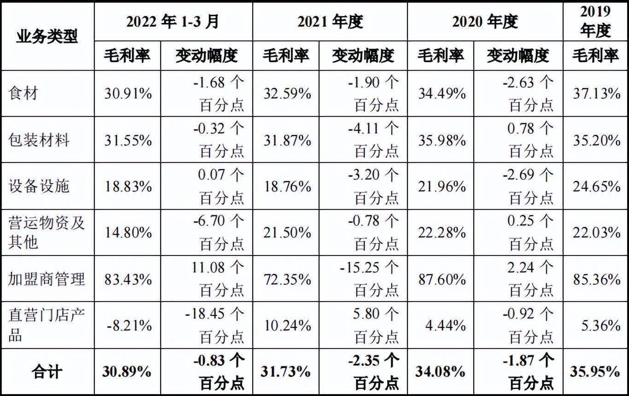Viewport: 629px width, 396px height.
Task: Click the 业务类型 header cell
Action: (47, 36)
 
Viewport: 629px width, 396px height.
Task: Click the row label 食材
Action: (23, 93)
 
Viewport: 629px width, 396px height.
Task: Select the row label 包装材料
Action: (39, 140)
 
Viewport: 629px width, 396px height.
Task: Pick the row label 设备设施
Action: (39, 186)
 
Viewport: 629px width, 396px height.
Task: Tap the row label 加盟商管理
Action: (47, 279)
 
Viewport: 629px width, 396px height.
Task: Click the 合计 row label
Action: (47, 371)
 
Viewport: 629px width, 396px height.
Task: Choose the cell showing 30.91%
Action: (128, 94)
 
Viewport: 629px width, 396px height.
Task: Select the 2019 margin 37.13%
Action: (596, 94)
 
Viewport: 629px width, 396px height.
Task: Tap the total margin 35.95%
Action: (595, 372)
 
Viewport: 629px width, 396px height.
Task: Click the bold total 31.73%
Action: (286, 372)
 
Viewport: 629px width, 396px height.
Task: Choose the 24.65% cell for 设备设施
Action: (596, 186)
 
